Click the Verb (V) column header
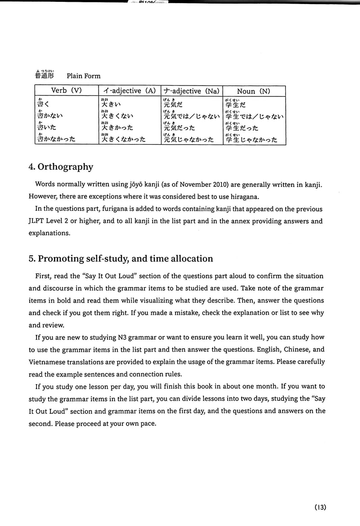click(66, 91)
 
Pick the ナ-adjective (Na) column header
click(191, 91)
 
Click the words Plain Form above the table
click(83, 76)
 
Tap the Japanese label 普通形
click(44, 75)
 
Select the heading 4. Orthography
click(61, 167)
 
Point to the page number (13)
click(320, 507)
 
